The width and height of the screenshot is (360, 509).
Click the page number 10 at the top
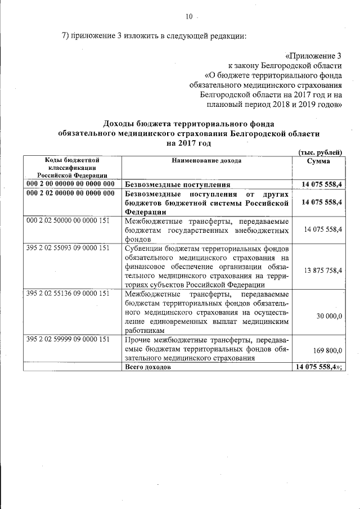click(189, 16)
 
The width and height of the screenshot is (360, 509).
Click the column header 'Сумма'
click(318, 161)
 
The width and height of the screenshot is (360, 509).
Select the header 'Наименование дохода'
click(207, 161)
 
